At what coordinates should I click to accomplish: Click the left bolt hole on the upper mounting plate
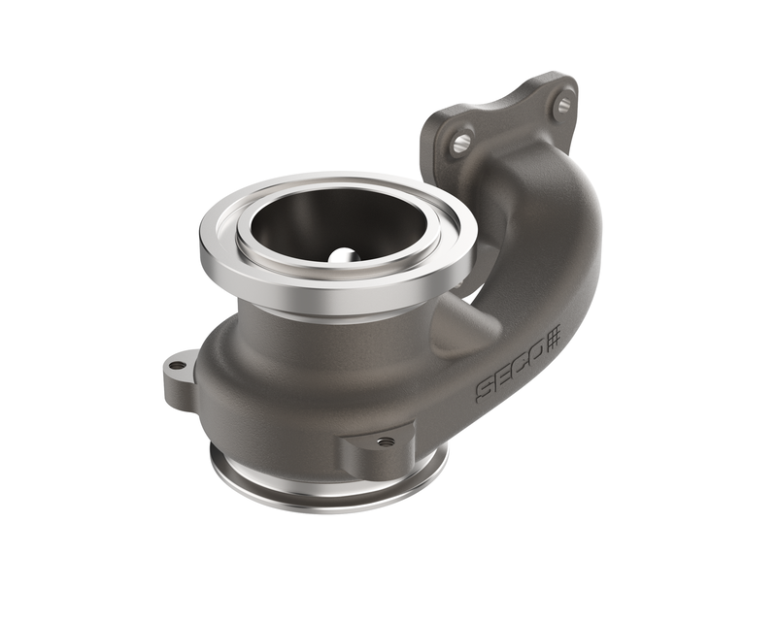[461, 145]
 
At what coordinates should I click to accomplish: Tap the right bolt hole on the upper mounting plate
[563, 105]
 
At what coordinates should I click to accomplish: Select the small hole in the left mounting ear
[177, 367]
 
